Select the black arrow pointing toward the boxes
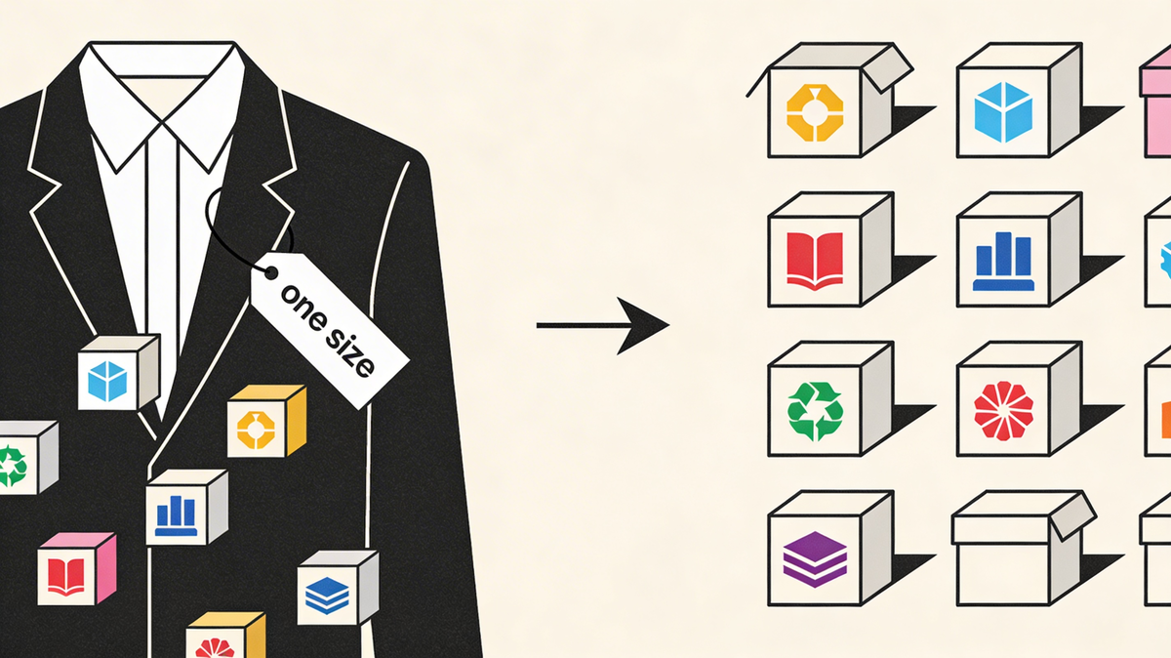coord(603,324)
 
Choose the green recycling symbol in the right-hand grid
coord(815,411)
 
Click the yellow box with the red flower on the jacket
coord(224,637)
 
